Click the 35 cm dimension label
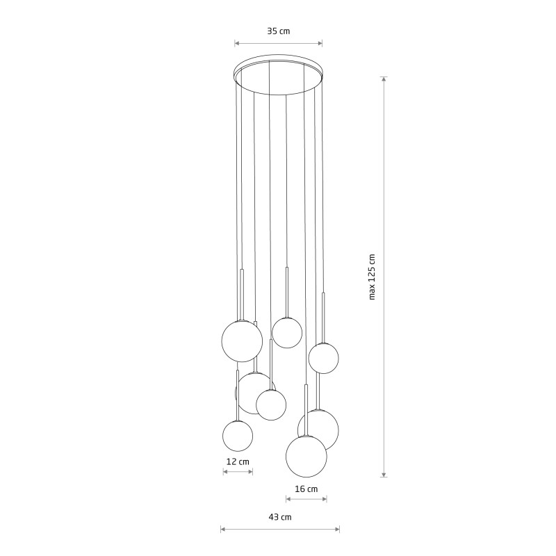click(279, 31)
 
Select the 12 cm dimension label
click(238, 461)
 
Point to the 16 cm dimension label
click(306, 489)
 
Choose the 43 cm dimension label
click(280, 517)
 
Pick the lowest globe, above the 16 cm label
click(306, 457)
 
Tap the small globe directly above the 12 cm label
click(238, 436)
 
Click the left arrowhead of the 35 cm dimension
click(237, 44)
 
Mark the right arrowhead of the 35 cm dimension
click(320, 44)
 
